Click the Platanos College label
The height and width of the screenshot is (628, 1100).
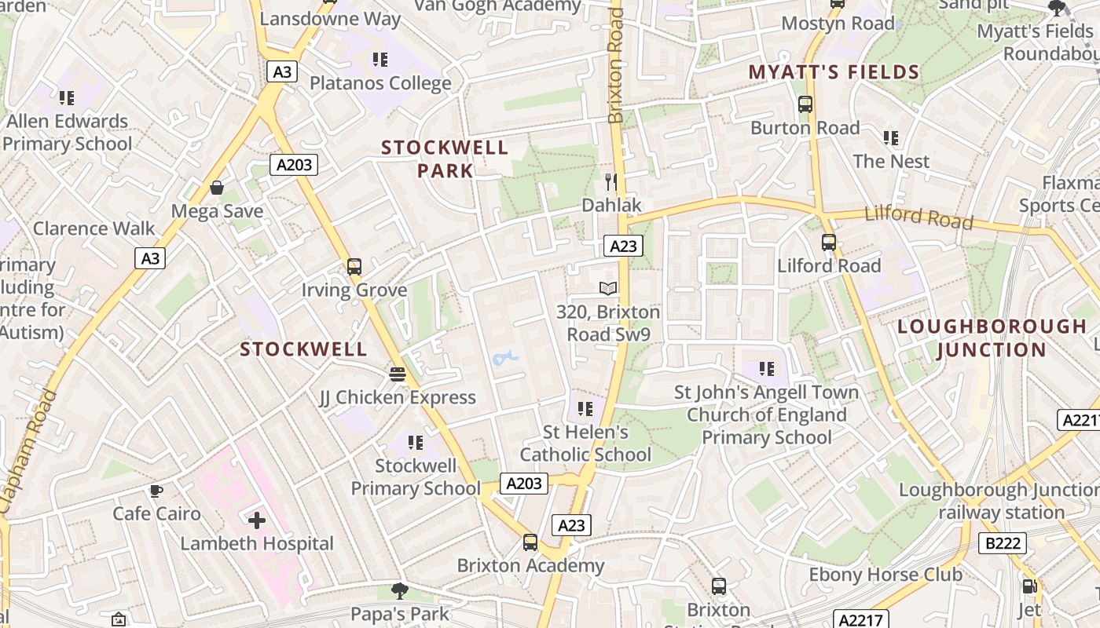380,82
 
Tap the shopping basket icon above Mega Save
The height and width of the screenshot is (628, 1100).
217,188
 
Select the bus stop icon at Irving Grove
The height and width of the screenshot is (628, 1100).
354,267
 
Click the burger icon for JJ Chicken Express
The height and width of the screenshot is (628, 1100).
398,374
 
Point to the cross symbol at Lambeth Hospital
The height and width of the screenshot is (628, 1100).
257,520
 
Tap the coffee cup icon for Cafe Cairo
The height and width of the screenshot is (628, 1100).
156,491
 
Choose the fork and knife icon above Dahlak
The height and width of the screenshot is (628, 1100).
611,182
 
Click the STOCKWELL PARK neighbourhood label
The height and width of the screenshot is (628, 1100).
445,159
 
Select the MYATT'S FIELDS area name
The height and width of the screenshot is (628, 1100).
834,72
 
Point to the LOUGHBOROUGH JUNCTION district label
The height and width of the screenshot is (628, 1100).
992,338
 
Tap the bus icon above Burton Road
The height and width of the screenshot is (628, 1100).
805,104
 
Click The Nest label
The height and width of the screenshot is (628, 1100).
891,161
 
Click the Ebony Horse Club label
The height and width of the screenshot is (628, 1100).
885,574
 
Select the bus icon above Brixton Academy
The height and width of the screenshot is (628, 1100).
530,542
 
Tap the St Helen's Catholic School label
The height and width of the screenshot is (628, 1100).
585,443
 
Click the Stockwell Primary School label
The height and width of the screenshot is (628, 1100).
416,476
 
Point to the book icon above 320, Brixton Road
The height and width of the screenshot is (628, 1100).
608,288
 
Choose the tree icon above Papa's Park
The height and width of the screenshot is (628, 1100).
400,590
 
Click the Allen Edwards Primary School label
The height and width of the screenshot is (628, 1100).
67,132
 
